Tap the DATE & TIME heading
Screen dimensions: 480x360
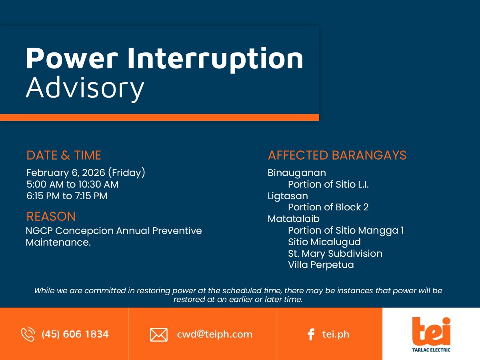click(x=64, y=155)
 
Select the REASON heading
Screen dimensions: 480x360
click(x=51, y=216)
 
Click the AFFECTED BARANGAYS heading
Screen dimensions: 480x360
click(x=337, y=155)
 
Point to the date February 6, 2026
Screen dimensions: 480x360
click(x=66, y=173)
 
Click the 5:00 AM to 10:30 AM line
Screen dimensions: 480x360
click(x=72, y=184)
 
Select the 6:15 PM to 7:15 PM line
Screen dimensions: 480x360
click(x=67, y=196)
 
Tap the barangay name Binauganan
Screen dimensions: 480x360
click(x=297, y=173)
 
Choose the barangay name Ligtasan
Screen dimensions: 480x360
click(x=288, y=196)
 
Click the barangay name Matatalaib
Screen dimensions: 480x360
click(x=294, y=219)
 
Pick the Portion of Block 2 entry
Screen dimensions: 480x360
click(x=328, y=207)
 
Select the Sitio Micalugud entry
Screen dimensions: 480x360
click(x=324, y=242)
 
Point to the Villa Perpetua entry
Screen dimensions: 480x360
click(x=321, y=265)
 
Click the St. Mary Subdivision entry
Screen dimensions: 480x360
click(x=335, y=254)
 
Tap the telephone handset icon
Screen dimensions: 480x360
click(x=28, y=334)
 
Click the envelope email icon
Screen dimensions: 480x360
click(x=159, y=335)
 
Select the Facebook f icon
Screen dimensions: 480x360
click(x=311, y=334)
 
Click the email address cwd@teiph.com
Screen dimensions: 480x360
click(x=214, y=334)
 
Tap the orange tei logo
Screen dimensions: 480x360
click(x=431, y=331)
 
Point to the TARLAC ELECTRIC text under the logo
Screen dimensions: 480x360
click(x=431, y=350)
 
